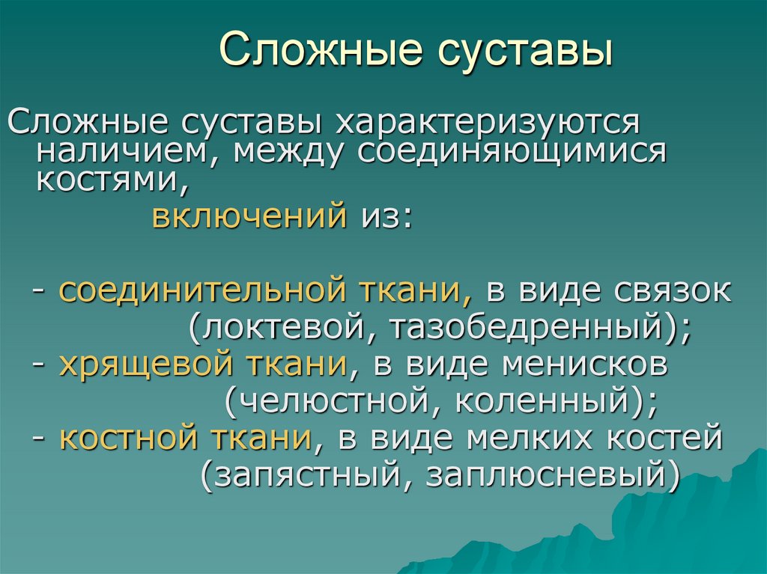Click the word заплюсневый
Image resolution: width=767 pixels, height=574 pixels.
(544, 474)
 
